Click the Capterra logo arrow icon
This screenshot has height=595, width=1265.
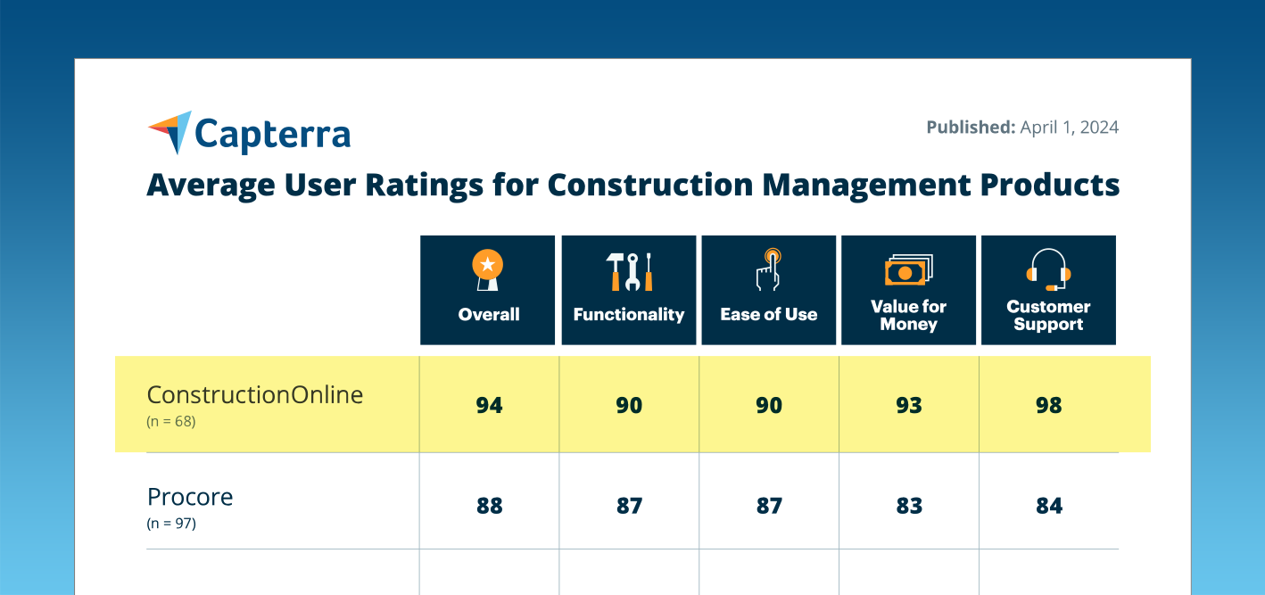pyautogui.click(x=170, y=130)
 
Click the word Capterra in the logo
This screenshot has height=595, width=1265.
pyautogui.click(x=272, y=135)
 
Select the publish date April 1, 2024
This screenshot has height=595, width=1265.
pyautogui.click(x=1069, y=127)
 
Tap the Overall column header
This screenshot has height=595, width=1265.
pyautogui.click(x=488, y=314)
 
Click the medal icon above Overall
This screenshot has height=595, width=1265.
pyautogui.click(x=488, y=270)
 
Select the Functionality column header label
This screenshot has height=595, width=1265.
pyautogui.click(x=628, y=314)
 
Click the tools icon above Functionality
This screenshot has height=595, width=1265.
pyautogui.click(x=629, y=271)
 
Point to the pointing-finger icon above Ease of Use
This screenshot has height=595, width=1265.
pyautogui.click(x=768, y=269)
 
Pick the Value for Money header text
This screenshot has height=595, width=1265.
pyautogui.click(x=908, y=315)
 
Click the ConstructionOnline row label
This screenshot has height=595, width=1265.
pyautogui.click(x=255, y=394)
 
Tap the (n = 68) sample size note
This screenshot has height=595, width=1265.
pyautogui.click(x=170, y=421)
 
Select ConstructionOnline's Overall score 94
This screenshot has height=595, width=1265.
pyautogui.click(x=489, y=405)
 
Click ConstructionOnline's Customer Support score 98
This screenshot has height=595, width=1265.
pyautogui.click(x=1048, y=405)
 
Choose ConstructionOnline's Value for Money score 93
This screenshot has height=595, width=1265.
pyautogui.click(x=908, y=405)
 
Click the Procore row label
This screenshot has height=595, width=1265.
pyautogui.click(x=190, y=496)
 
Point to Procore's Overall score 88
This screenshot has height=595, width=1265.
pyautogui.click(x=489, y=506)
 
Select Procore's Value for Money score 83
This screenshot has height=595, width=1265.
pyautogui.click(x=908, y=506)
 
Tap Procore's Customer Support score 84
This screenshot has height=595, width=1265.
pyautogui.click(x=1048, y=506)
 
